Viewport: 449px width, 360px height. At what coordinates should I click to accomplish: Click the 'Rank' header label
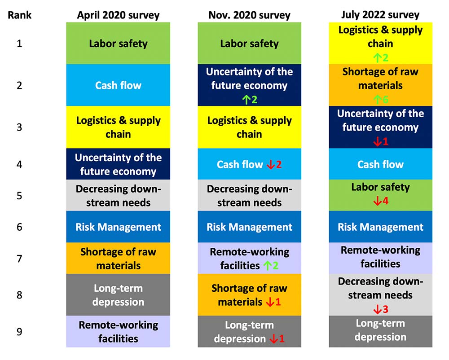(19, 15)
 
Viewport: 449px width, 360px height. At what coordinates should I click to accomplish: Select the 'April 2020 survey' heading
(118, 15)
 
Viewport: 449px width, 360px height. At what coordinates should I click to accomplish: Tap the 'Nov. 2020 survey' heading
(249, 15)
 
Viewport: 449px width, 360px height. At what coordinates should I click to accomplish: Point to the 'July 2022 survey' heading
(380, 15)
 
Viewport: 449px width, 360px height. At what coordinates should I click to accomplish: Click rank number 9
(19, 332)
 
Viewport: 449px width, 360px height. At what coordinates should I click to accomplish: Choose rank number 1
(19, 44)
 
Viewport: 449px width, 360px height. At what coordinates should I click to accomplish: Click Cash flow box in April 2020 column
(118, 85)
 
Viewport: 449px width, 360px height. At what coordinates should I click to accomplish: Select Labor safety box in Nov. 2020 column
(249, 43)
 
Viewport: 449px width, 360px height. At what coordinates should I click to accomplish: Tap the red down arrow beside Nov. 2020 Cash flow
(271, 165)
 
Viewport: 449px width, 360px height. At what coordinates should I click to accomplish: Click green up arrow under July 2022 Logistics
(378, 58)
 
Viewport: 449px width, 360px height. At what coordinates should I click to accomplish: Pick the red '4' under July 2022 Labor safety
(385, 201)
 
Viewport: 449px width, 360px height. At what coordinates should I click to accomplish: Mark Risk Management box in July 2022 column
(381, 227)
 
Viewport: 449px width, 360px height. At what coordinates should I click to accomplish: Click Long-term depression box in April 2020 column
(118, 295)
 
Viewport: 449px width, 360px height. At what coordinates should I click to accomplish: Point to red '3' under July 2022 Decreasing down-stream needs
(385, 309)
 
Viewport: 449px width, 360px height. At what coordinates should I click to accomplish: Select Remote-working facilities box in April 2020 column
(118, 331)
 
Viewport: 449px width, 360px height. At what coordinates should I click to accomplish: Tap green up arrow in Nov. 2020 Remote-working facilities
(268, 266)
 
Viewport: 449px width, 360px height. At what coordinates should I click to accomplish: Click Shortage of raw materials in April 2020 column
(118, 258)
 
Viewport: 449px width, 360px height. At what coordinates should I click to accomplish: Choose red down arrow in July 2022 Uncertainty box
(378, 141)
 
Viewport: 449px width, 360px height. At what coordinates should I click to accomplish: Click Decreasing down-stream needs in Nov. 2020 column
(249, 195)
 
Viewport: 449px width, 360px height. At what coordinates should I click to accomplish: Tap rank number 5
(19, 196)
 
